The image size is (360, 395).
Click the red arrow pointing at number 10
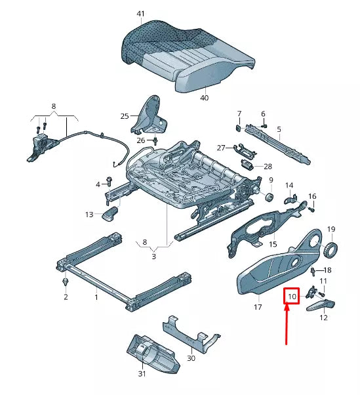point(287,328)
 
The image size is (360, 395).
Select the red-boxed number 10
point(292,297)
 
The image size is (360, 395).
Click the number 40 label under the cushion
point(204,98)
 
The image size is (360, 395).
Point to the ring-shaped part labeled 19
point(332,249)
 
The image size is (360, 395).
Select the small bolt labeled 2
point(66,281)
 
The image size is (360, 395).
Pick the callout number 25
point(125,116)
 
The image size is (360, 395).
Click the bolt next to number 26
point(156,140)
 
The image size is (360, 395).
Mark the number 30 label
point(191,358)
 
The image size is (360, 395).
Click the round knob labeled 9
point(268,196)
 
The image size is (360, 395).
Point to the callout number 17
point(258,306)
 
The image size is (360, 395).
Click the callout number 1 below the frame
point(96,297)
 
